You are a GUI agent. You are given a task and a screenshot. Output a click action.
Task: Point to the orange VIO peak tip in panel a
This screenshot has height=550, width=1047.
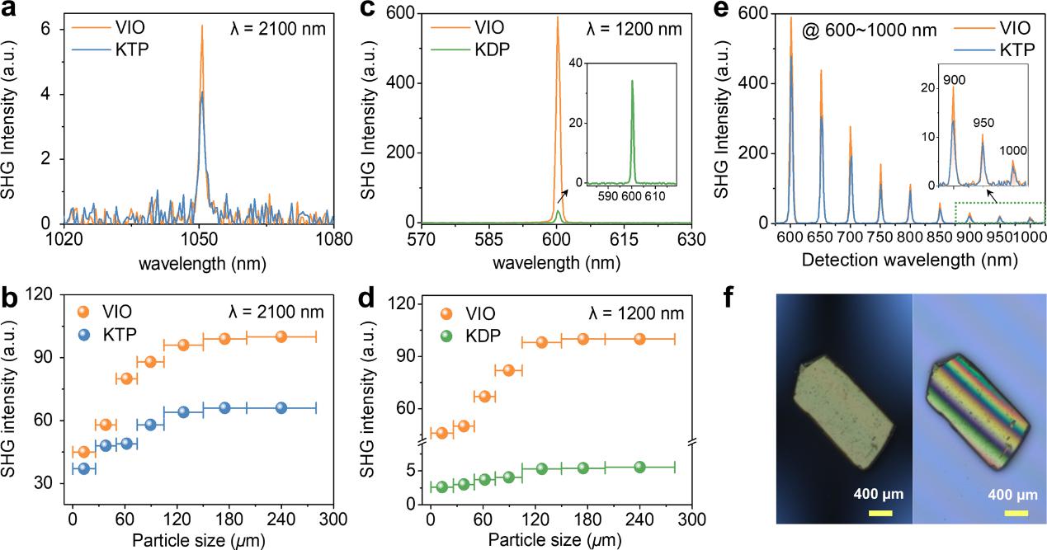201,26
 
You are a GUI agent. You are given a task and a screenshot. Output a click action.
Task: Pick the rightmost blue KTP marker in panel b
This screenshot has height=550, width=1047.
281,408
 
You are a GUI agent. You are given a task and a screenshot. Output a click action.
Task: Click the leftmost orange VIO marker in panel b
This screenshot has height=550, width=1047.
83,452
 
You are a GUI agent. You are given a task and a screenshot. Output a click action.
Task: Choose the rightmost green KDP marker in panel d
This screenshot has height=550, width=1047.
639,467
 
